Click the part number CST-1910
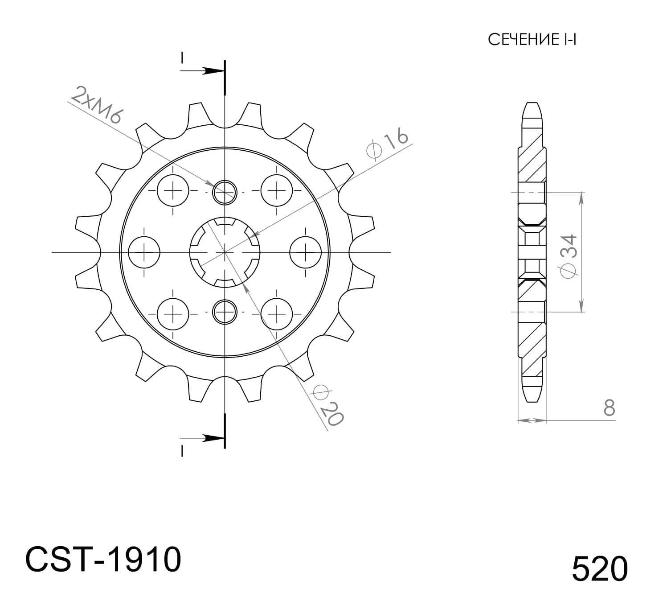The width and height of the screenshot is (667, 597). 103,559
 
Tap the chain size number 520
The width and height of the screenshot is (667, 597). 599,568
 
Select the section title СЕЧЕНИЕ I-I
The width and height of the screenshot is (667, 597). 532,40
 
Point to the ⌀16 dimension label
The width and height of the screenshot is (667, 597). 387,144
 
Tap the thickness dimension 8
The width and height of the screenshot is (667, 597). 609,408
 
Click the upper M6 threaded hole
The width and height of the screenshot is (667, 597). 225,192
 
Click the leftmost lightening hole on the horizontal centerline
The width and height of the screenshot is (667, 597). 144,252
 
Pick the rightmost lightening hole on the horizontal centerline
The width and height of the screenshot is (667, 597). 306,252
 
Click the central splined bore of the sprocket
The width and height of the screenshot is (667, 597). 225,252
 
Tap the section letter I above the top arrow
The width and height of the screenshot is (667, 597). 182,58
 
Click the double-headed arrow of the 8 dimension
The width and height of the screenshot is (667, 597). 532,420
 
